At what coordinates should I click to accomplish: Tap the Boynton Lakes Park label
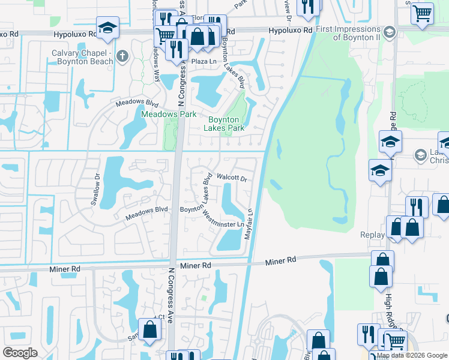click(x=223, y=124)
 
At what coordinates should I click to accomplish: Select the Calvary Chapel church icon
click(x=122, y=56)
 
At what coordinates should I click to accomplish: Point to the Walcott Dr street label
click(x=232, y=178)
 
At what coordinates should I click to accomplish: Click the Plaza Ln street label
click(x=203, y=62)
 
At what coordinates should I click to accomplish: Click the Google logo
click(x=20, y=353)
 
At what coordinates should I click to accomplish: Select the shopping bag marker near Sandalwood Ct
click(x=149, y=329)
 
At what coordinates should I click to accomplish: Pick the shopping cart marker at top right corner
click(x=423, y=12)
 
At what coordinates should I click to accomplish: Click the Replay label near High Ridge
click(x=373, y=235)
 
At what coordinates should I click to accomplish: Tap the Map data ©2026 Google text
click(x=412, y=355)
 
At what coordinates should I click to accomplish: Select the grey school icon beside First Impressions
click(x=389, y=32)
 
